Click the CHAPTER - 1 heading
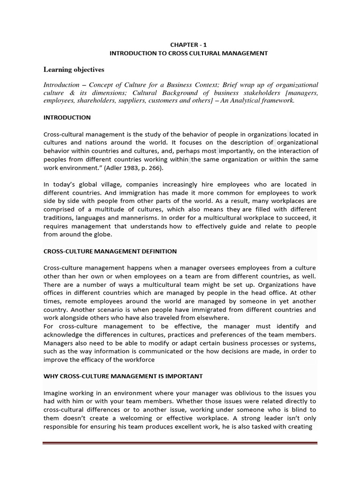tap(188, 45)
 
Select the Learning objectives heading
tap(74, 69)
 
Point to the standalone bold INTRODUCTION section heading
tap(67, 117)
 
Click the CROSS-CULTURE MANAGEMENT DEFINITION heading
tap(110, 251)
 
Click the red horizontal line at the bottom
tap(180, 443)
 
